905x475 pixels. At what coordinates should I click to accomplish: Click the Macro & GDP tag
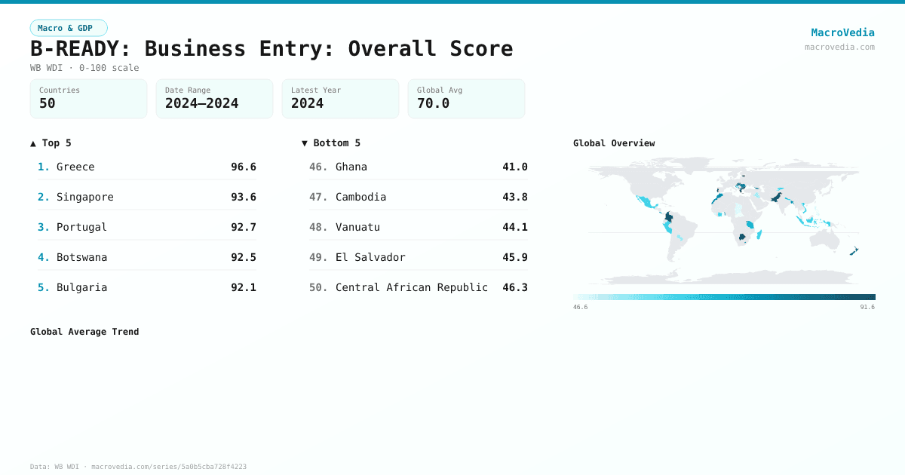(69, 28)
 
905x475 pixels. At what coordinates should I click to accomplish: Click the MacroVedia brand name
(842, 32)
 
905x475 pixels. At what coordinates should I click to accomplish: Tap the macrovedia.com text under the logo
(839, 47)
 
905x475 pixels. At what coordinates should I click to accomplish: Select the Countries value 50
(48, 103)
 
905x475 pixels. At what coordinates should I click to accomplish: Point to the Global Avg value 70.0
(433, 103)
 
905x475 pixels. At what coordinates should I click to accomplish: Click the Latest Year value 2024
(307, 103)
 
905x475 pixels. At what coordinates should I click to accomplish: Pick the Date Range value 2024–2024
(201, 103)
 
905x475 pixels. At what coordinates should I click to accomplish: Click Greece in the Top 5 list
(75, 167)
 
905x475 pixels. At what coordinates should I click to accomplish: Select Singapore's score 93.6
(243, 197)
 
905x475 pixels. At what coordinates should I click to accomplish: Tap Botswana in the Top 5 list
(81, 257)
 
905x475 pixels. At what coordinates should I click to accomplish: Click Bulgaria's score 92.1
(243, 287)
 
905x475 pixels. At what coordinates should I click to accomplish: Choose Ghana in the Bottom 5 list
(351, 167)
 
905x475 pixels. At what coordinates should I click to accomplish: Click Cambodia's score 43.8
(514, 197)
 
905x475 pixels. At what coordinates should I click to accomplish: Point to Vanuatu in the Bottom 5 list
(357, 227)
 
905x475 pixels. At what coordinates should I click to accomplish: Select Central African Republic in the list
(411, 287)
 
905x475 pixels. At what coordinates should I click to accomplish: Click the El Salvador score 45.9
(514, 257)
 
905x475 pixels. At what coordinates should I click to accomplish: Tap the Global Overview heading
(614, 143)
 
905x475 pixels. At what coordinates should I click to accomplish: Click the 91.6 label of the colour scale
(867, 307)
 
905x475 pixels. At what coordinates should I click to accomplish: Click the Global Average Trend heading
(84, 332)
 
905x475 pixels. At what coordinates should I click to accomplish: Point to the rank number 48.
(318, 227)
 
